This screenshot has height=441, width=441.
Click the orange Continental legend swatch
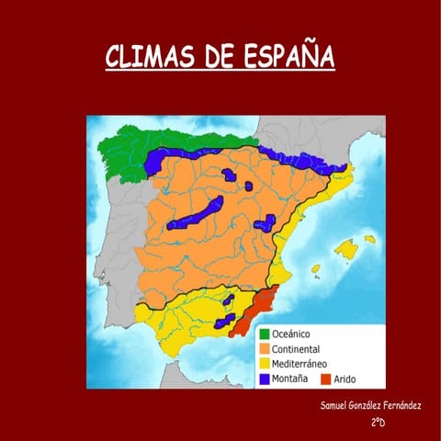[265, 349]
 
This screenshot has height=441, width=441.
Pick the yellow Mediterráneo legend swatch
[265, 363]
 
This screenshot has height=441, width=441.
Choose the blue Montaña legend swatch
[265, 378]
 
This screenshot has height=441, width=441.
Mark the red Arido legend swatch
[326, 378]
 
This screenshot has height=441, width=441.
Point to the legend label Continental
[298, 349]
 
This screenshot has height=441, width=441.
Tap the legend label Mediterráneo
[302, 363]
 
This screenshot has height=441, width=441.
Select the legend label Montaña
[291, 378]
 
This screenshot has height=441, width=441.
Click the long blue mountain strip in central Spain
[202, 212]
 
